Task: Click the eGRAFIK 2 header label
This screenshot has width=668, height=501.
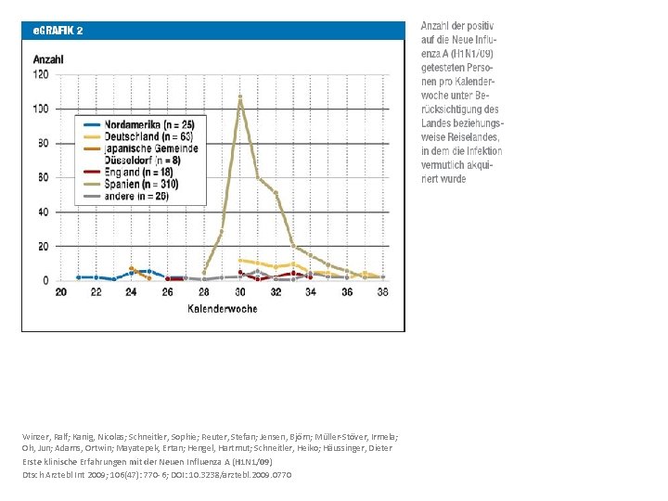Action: click(x=58, y=30)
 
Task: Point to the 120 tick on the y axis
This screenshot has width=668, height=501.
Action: click(x=42, y=75)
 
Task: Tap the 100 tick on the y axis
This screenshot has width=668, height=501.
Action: click(x=42, y=109)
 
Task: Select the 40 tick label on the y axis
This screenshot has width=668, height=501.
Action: click(x=44, y=212)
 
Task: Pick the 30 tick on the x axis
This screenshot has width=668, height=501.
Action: click(x=240, y=292)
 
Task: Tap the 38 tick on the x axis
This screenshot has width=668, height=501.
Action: click(x=383, y=292)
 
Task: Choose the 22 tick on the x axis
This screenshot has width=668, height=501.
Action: click(x=96, y=292)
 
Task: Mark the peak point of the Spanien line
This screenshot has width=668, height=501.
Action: click(x=240, y=96)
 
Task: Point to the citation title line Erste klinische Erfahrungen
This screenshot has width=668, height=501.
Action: click(x=74, y=461)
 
